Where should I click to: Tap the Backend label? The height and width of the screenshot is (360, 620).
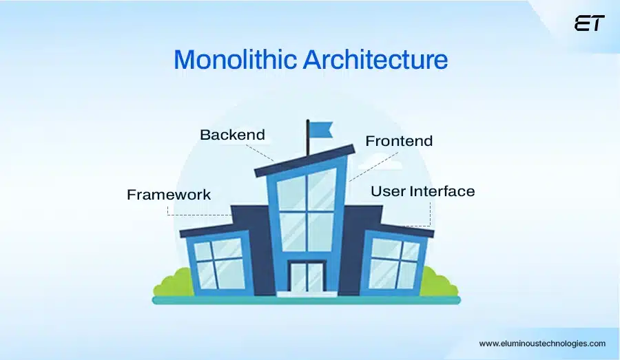232,134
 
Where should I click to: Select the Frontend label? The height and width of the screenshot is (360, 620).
399,141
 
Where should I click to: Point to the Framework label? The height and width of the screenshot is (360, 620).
169,195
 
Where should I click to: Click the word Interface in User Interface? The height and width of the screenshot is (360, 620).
442,191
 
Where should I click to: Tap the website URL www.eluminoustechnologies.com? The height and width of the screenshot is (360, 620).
542,343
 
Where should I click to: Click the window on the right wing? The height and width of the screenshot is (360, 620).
395,263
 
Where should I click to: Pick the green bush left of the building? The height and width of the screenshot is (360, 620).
172,283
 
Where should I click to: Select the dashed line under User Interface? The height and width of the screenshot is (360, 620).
430,213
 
